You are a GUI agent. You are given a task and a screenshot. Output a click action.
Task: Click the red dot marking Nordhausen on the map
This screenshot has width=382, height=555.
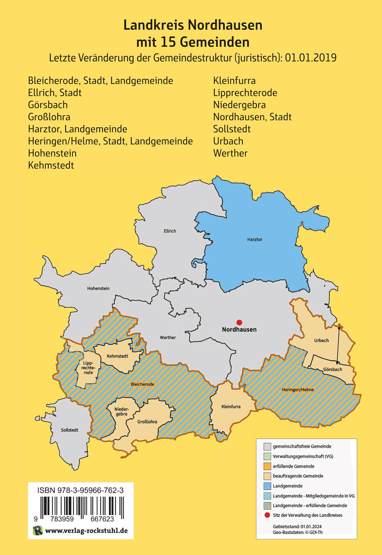coord(239,322)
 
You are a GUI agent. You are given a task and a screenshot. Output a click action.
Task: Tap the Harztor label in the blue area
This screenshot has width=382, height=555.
coord(255,239)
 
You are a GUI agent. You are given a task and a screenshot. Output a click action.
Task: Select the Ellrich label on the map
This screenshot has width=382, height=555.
coord(170,231)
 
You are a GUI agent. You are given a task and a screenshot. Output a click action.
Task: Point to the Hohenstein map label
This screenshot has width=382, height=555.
coord(98,288)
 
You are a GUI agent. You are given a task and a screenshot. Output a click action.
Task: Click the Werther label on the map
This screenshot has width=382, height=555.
coord(168,337)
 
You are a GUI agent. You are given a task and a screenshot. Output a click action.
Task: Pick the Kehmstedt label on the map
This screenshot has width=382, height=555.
coord(117,356)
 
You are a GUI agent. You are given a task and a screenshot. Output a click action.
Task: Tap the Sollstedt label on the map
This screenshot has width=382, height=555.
coord(70,430)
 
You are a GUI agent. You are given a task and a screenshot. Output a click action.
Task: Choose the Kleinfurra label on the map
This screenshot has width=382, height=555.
coord(231,406)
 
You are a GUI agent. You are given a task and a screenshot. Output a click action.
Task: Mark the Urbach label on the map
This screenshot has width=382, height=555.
coord(321,340)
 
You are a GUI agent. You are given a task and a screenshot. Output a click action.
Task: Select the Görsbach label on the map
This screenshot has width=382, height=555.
coord(332,369)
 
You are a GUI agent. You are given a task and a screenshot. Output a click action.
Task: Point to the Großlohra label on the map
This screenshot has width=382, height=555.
coord(147,422)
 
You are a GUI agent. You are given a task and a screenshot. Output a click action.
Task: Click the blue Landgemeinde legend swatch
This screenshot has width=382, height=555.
coord(267,486)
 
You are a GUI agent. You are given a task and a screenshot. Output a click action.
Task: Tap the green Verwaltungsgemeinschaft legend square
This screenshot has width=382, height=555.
coord(267,456)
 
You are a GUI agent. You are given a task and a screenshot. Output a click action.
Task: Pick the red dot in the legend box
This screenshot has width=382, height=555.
coord(267,515)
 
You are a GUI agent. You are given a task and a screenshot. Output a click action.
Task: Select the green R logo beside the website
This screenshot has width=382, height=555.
coord(38,531)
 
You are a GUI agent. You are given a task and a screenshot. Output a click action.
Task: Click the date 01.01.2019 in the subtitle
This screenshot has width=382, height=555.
coord(311,58)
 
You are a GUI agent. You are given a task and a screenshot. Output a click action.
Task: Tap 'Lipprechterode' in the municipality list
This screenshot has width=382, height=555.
coord(245,93)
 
